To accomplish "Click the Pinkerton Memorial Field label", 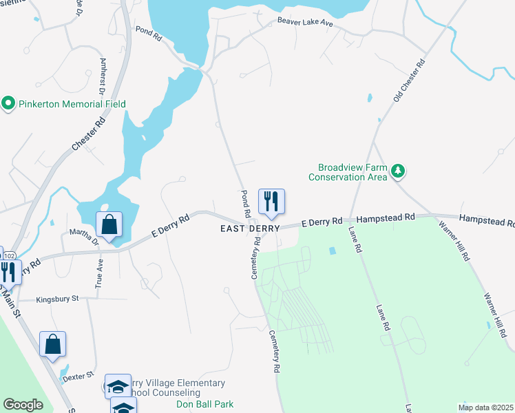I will click(x=72, y=104).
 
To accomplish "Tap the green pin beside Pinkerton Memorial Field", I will click(x=9, y=104).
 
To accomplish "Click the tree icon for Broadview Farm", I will click(x=397, y=171).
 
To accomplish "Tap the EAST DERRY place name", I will click(x=250, y=229).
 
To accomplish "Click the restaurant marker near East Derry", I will click(x=271, y=202).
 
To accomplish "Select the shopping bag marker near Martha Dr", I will click(x=109, y=224).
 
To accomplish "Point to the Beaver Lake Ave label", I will click(x=305, y=22).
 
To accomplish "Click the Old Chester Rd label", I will click(x=409, y=81).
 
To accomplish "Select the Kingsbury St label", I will click(x=58, y=299).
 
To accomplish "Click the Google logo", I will click(x=23, y=405).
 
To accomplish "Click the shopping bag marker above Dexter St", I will click(x=53, y=345).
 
